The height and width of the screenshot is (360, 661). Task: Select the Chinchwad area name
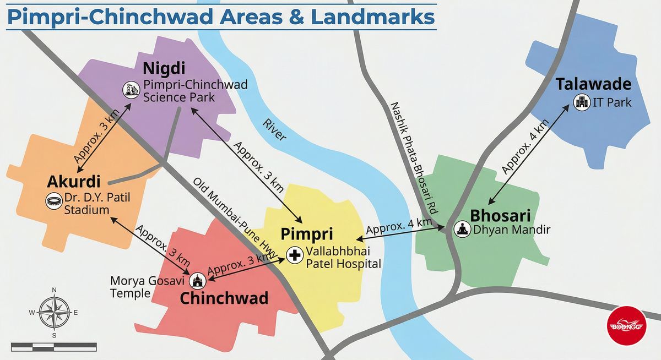(224, 298)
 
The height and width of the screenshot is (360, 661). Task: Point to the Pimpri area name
(307, 233)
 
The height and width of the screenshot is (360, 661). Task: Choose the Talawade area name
(593, 84)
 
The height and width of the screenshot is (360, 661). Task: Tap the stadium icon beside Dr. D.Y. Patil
(53, 200)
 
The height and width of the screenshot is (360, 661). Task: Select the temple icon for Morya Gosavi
(198, 281)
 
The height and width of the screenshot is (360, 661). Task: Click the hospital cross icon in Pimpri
(295, 255)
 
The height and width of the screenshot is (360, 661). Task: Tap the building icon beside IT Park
(581, 102)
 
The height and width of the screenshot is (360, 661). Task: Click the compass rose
(54, 312)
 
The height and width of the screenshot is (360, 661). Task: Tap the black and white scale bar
(53, 346)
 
